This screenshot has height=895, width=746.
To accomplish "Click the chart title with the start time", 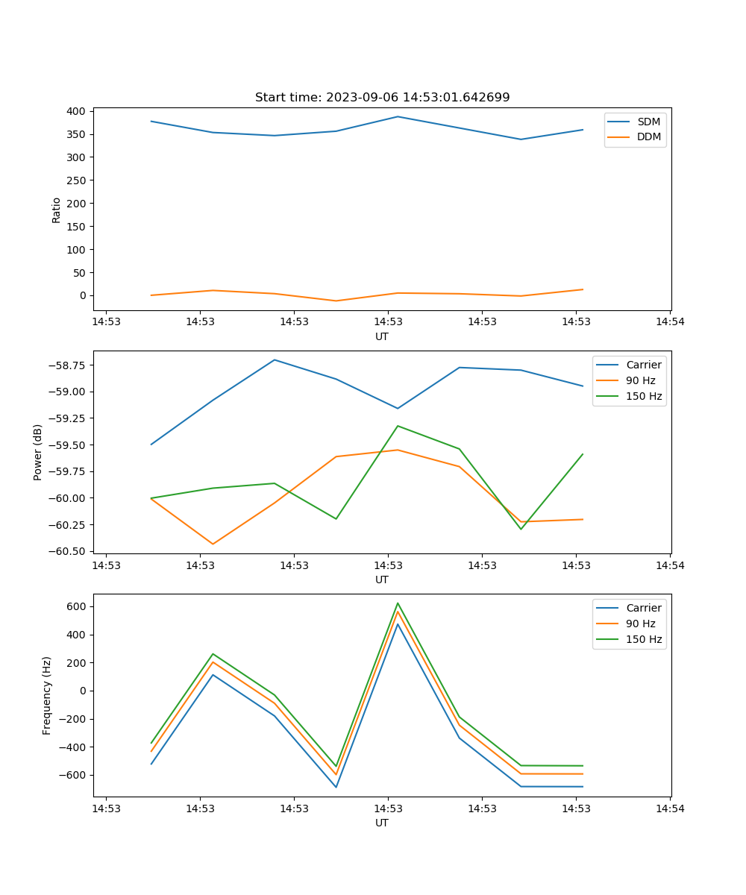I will pyautogui.click(x=382, y=98).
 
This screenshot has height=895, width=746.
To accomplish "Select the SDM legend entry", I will pyautogui.click(x=648, y=122).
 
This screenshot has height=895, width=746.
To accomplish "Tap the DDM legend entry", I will pyautogui.click(x=648, y=137).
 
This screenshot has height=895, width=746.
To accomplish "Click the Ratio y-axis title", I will pyautogui.click(x=57, y=210).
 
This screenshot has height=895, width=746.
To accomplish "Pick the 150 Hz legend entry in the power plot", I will pyautogui.click(x=644, y=396).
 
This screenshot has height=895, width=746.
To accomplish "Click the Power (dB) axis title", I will pyautogui.click(x=38, y=452).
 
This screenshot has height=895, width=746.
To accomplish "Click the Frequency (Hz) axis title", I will pyautogui.click(x=47, y=695).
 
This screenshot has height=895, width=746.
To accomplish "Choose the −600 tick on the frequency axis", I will pyautogui.click(x=73, y=775).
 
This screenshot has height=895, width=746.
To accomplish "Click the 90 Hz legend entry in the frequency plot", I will pyautogui.click(x=640, y=624).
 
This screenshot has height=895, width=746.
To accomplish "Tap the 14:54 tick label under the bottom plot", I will pyautogui.click(x=670, y=808).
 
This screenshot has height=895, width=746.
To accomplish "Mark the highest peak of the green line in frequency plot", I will pyautogui.click(x=398, y=603).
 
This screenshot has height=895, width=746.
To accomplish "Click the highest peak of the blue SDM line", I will pyautogui.click(x=398, y=116).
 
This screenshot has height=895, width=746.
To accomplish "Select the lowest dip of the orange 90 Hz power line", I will pyautogui.click(x=213, y=544).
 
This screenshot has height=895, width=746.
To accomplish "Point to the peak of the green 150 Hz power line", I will pyautogui.click(x=398, y=426).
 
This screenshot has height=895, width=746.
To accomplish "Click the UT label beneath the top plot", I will pyautogui.click(x=382, y=336).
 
